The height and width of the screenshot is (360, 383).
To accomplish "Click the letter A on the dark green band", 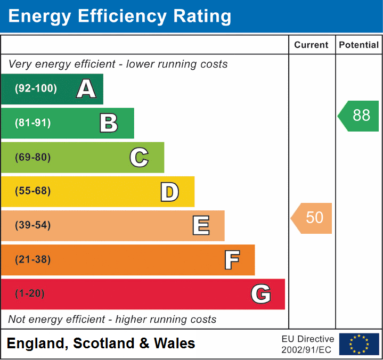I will pyautogui.click(x=86, y=89).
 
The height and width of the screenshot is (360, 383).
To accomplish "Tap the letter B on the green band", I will pyautogui.click(x=109, y=123).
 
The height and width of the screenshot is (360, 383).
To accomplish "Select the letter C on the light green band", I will pyautogui.click(x=139, y=157).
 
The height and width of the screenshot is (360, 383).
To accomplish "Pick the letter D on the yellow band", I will pyautogui.click(x=169, y=192).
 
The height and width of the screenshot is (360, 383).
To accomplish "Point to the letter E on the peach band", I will pyautogui.click(x=200, y=226).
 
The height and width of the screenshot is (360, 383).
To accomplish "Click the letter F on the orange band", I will pyautogui.click(x=231, y=260).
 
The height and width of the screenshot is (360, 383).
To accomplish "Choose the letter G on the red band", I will pyautogui.click(x=261, y=294).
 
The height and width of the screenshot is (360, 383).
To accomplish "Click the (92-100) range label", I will pyautogui.click(x=36, y=89).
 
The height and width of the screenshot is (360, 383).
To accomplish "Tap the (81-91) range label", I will pyautogui.click(x=33, y=123).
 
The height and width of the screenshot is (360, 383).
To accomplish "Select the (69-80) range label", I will pyautogui.click(x=33, y=157).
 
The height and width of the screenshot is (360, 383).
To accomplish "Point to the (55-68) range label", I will pyautogui.click(x=33, y=191).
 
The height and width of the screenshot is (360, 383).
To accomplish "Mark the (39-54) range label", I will pyautogui.click(x=33, y=225).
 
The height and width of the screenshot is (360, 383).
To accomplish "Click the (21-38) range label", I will pyautogui.click(x=33, y=260).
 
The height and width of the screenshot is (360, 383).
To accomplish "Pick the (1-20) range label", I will pyautogui.click(x=30, y=294).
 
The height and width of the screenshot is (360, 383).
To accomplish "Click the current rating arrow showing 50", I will pyautogui.click(x=312, y=218).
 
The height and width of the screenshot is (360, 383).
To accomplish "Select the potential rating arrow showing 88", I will pyautogui.click(x=359, y=116).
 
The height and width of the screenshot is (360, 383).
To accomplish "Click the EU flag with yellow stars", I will pyautogui.click(x=359, y=344).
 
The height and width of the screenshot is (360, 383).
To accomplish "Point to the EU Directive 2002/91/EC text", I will pyautogui.click(x=308, y=344).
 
